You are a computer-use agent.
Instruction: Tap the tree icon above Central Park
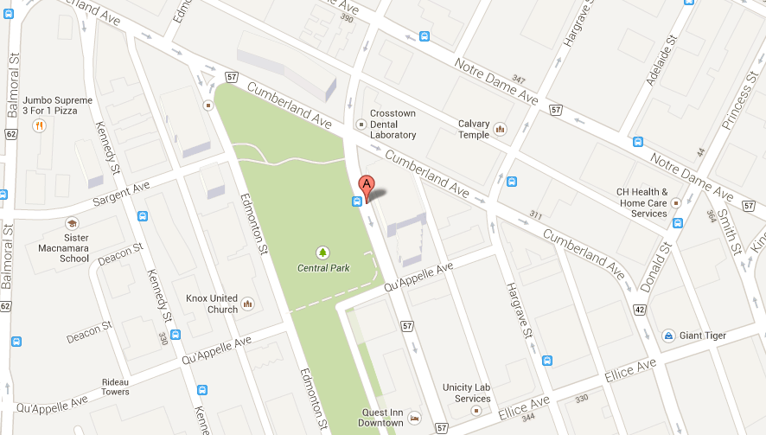[323, 252]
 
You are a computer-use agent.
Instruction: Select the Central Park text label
[323, 268]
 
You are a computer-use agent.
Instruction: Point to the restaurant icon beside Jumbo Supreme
[38, 126]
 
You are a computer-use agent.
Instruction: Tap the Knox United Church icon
[247, 304]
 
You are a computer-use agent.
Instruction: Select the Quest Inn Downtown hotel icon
[414, 418]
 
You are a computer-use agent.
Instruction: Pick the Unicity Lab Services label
[466, 393]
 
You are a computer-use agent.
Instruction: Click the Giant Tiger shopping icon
[668, 336]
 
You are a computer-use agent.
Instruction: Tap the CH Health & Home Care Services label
[642, 202]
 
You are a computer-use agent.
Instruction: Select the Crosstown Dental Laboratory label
[393, 124]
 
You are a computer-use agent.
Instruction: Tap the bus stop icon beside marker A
[356, 202]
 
